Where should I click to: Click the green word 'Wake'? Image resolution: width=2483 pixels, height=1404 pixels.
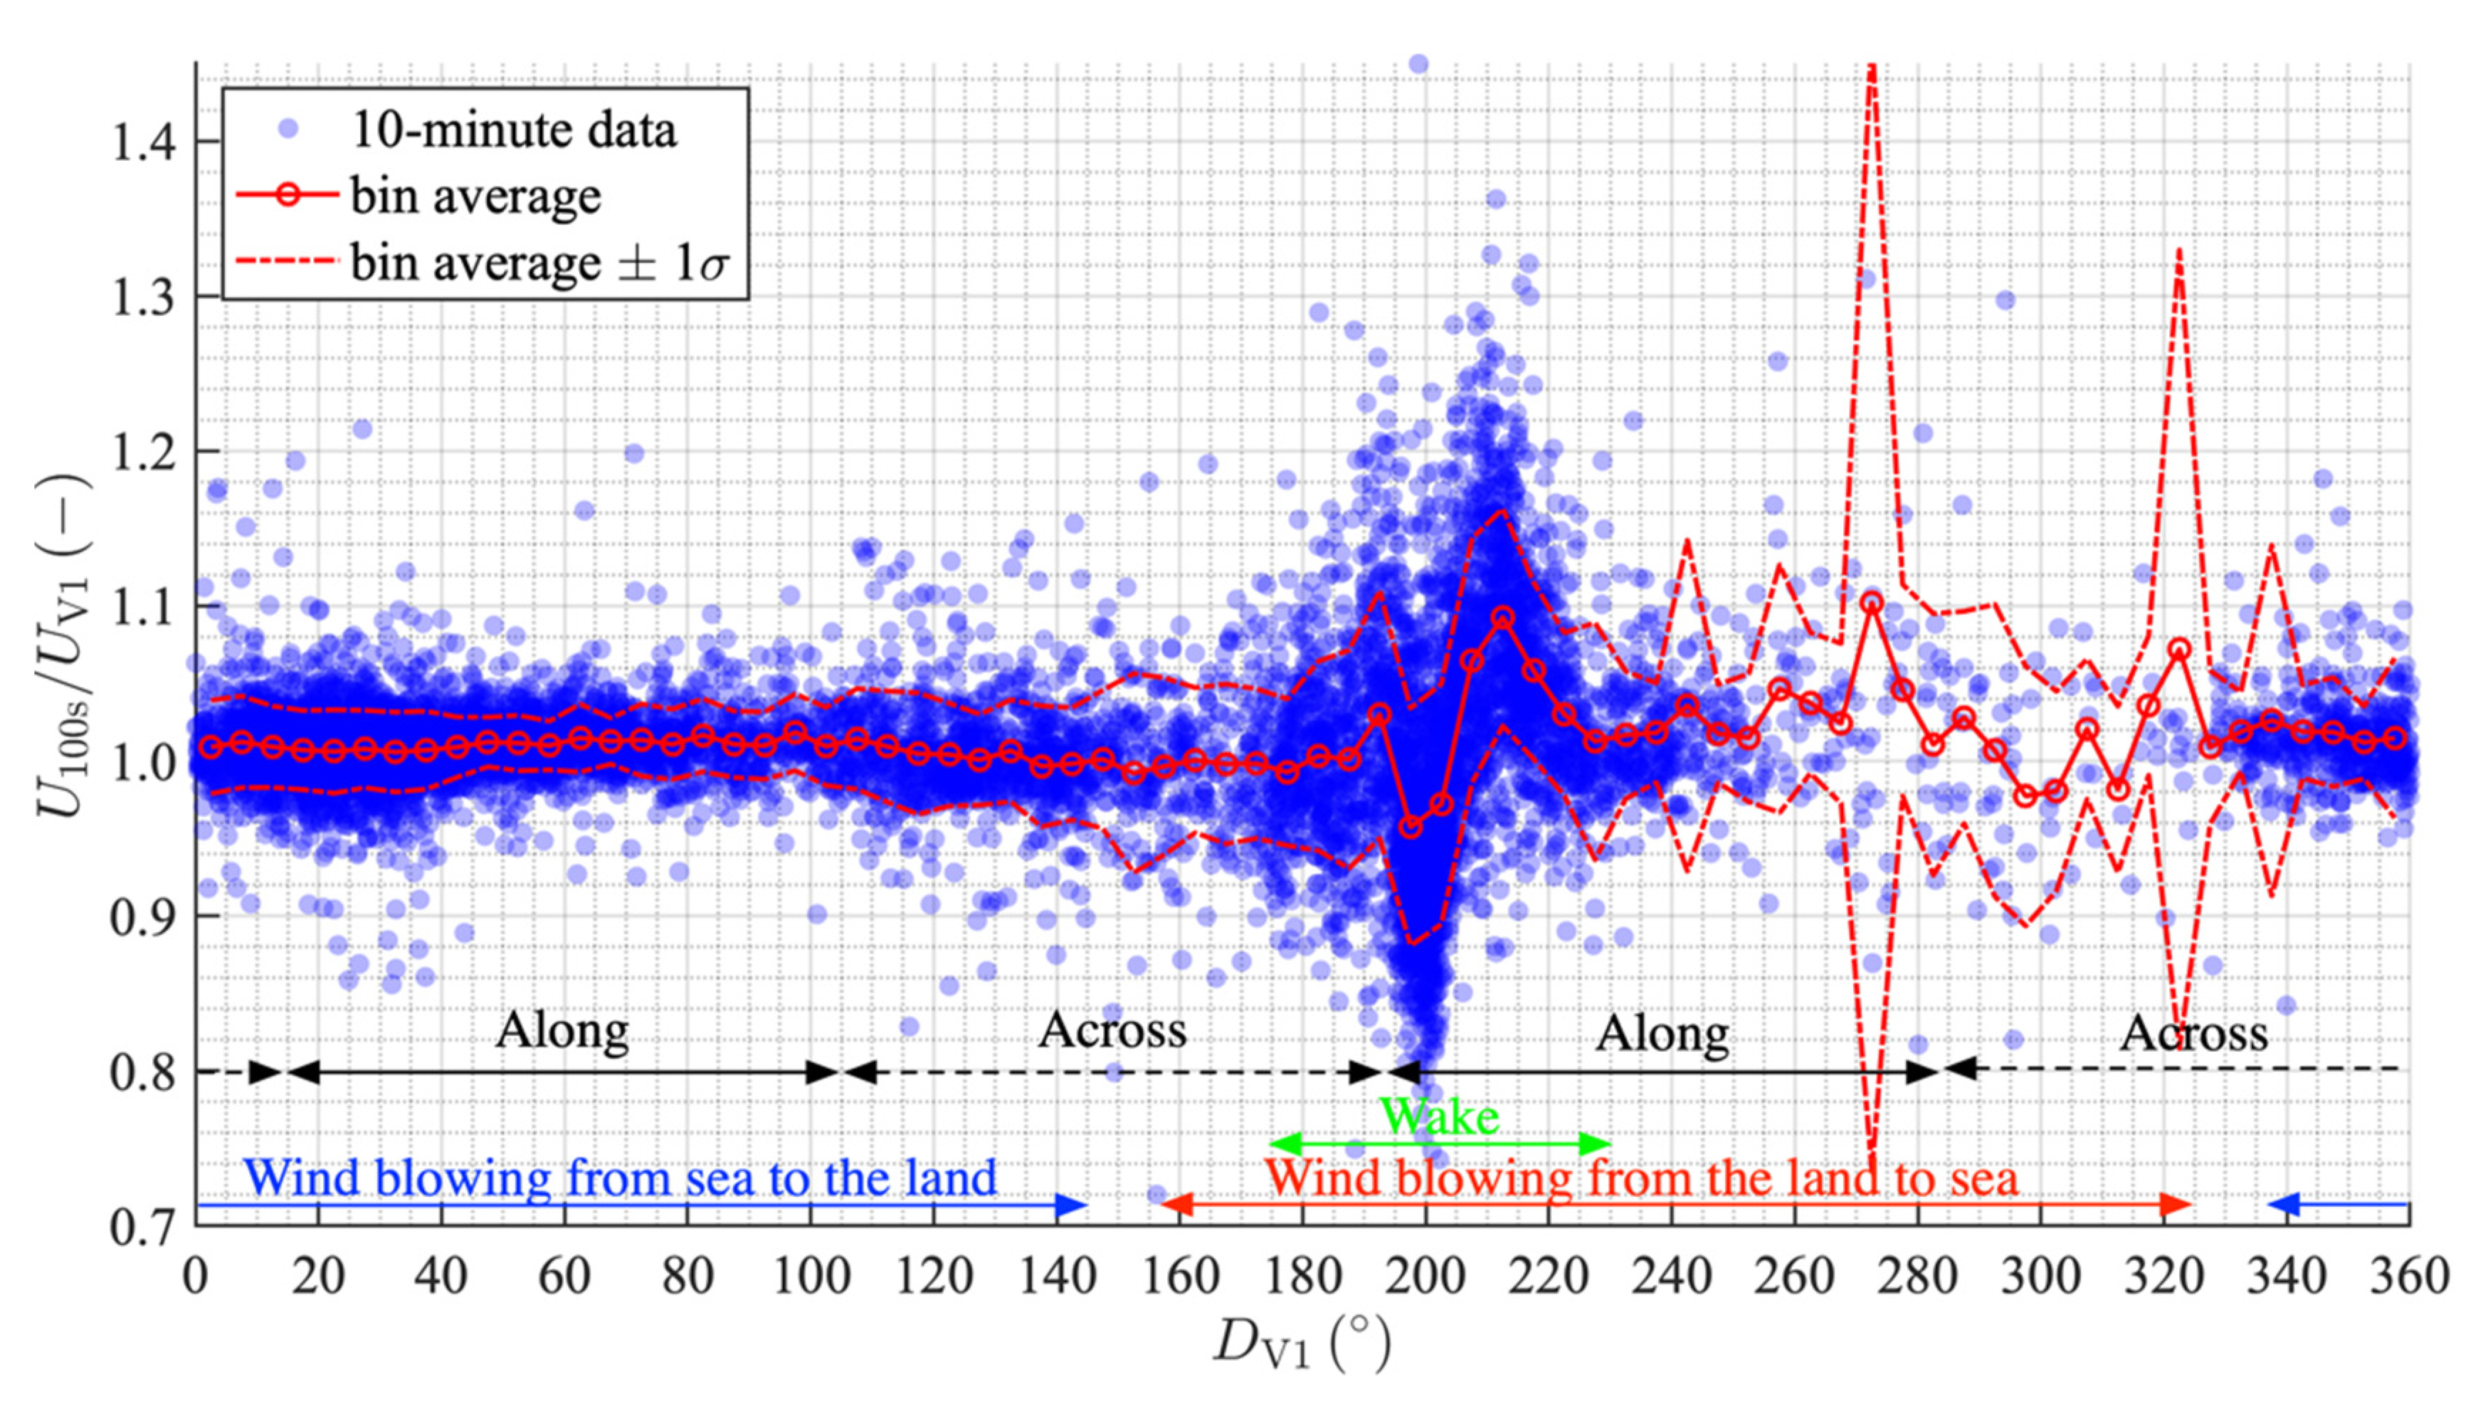pyautogui.click(x=1439, y=1117)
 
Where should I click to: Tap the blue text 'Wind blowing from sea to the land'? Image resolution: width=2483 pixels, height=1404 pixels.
pyautogui.click(x=619, y=1178)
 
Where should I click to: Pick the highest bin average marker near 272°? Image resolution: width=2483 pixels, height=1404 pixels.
pyautogui.click(x=1872, y=603)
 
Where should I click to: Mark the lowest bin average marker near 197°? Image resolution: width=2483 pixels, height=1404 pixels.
pyautogui.click(x=1411, y=828)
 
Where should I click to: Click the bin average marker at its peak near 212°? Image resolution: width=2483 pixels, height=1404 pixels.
pyautogui.click(x=1502, y=617)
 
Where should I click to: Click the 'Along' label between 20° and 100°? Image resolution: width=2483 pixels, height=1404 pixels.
pyautogui.click(x=562, y=1031)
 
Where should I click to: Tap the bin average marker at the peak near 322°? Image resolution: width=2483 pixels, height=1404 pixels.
pyautogui.click(x=2179, y=649)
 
